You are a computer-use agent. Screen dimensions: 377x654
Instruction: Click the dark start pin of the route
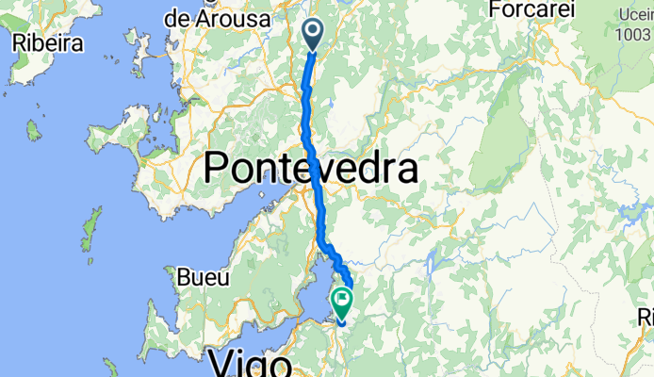coord(314,35)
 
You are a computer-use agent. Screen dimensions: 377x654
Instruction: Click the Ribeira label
coord(47,43)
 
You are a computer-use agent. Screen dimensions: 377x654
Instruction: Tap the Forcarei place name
coord(530,10)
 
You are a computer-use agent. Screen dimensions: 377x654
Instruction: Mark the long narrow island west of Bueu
coord(92,227)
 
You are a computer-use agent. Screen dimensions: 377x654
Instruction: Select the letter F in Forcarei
coord(498,10)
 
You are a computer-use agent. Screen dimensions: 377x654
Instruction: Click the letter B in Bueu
coord(184,278)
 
